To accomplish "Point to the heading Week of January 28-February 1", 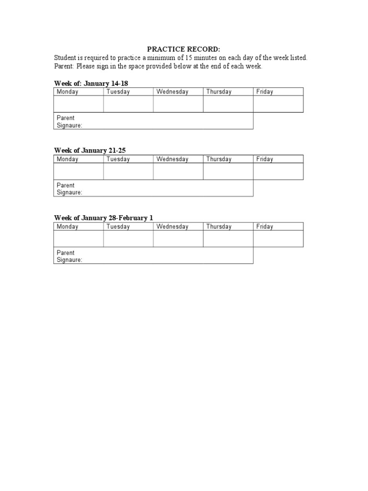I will point(103,218).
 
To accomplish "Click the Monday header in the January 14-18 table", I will point(68,92).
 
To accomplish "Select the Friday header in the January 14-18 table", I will point(264,92).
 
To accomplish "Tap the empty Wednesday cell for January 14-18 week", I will point(178,104).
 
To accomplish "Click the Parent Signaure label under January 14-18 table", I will point(69,121).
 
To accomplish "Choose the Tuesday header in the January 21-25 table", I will point(118,159).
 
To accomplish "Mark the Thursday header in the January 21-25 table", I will point(218,159).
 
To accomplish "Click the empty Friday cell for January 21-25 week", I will point(278,172).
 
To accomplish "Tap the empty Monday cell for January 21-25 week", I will point(79,172).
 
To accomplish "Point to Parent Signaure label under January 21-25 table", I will point(69,189).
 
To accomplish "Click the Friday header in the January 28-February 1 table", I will point(264,227).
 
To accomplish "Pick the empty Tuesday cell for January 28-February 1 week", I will point(128,239).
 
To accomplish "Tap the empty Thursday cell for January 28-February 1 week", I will point(228,239).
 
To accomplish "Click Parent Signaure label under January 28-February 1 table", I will point(69,256).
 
